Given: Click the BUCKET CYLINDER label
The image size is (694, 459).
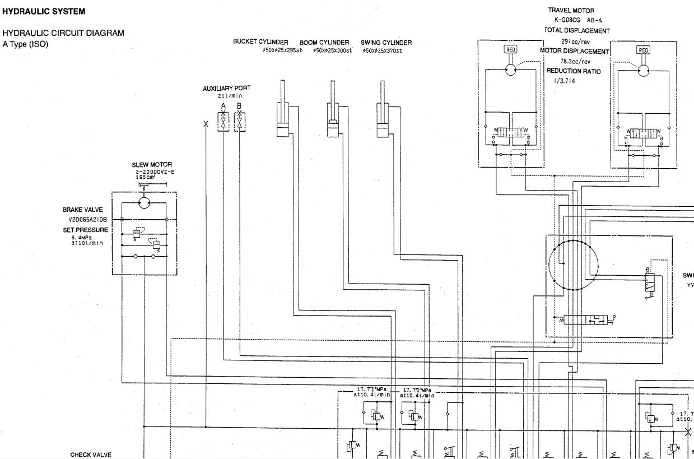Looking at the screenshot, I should point(260,43).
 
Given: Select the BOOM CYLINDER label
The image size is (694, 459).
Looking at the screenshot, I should point(324,43).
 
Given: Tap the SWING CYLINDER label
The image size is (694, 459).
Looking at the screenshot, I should point(386,43).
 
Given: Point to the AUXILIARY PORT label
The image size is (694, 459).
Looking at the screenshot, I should point(227,89).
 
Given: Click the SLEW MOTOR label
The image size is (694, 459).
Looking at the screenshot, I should point(152,165).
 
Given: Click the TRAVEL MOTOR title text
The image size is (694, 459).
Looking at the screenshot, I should point(571,11).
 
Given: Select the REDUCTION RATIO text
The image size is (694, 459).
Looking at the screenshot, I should point(574,71).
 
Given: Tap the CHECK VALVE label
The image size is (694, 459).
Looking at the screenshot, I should point(91,455).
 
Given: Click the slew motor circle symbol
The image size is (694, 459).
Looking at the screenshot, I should point(145,202).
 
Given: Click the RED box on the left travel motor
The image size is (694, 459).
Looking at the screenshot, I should point(511,49).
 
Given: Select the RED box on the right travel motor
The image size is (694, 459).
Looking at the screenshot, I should point(644,50).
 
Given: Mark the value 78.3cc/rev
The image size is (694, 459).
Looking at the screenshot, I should point(575,61).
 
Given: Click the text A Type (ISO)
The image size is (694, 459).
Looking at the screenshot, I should point(26,43).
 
